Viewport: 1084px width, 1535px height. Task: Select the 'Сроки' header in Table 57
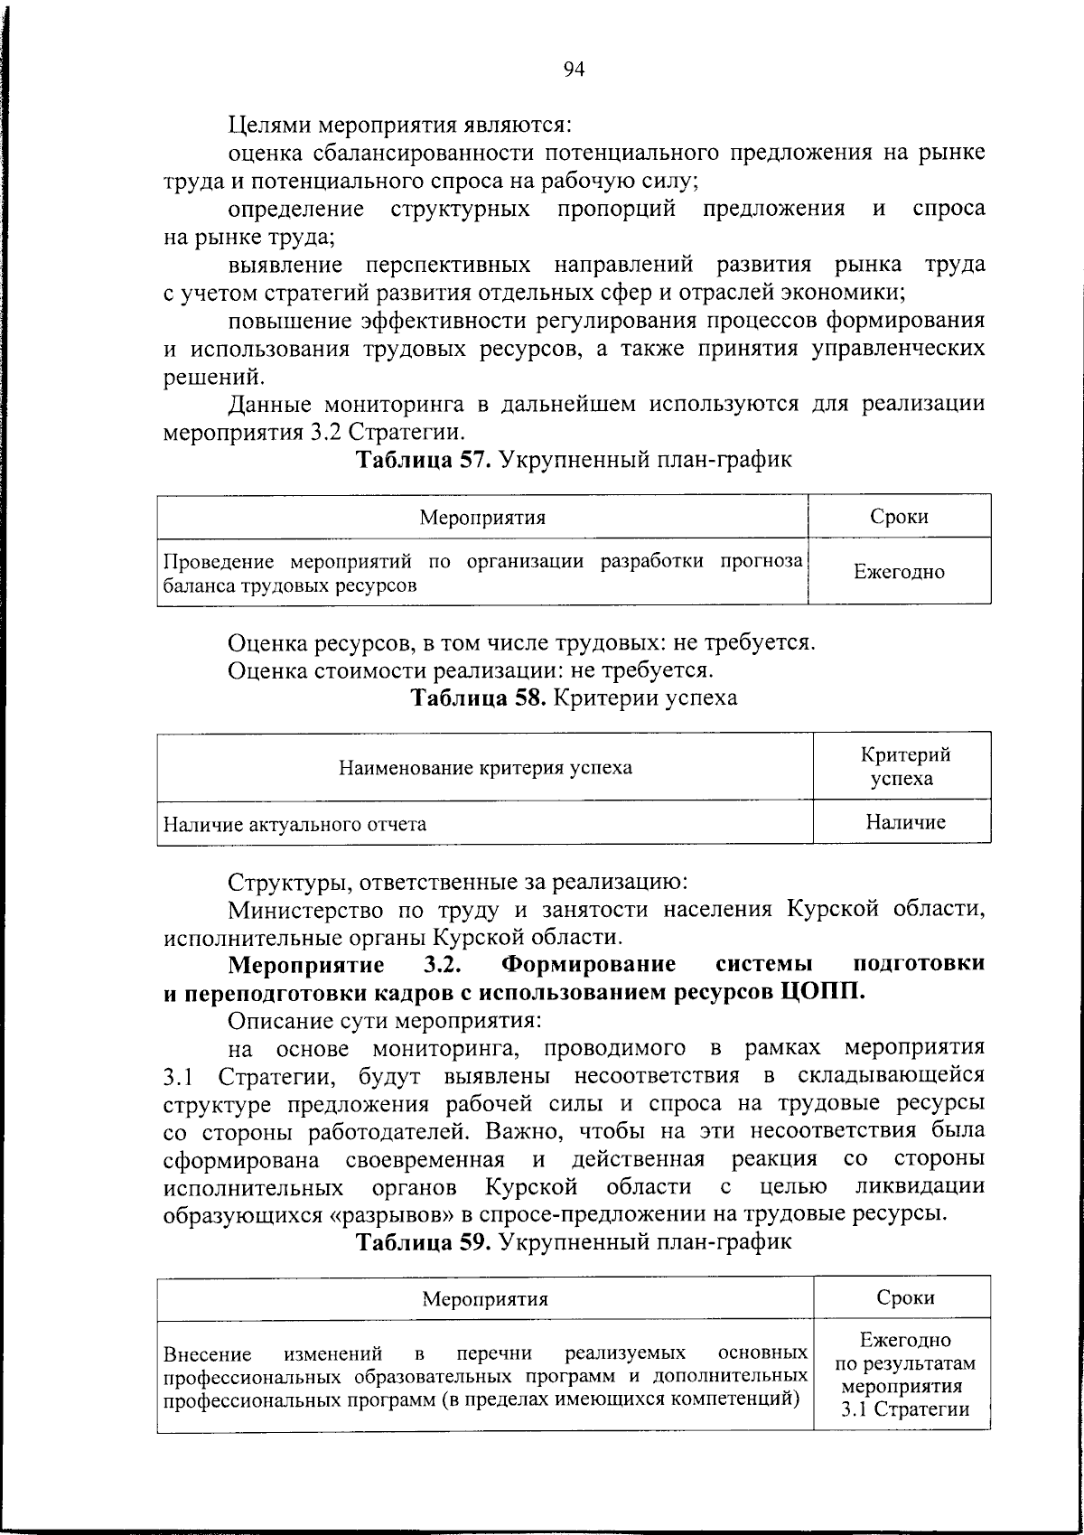point(899,517)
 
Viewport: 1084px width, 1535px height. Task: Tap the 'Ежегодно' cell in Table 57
point(899,572)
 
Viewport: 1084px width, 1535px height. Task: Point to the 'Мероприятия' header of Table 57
point(482,517)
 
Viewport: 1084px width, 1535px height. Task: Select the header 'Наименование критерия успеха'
point(485,768)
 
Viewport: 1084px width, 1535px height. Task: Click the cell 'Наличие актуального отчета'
point(294,824)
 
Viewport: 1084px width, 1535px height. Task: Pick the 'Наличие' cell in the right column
point(905,822)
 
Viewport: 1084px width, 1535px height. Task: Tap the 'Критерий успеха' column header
point(905,766)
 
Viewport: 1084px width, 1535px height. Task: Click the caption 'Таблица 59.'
point(424,1241)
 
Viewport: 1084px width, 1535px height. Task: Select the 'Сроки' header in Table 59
point(905,1297)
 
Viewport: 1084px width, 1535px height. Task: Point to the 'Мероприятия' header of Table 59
point(486,1299)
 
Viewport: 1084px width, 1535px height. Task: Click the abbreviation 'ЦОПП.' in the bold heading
point(821,991)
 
